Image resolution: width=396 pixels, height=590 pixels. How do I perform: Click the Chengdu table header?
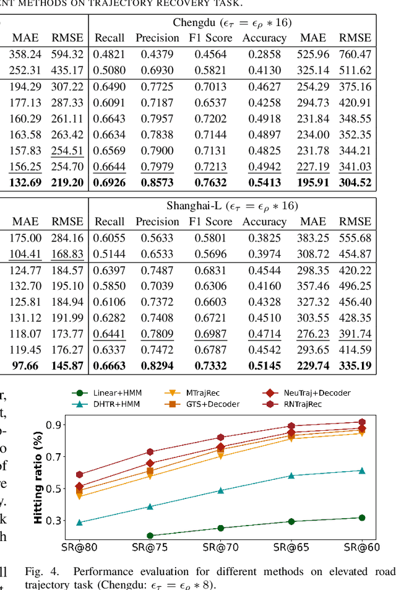(233, 23)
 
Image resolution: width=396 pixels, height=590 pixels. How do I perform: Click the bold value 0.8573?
(157, 183)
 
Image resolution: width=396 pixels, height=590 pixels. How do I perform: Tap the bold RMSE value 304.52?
(355, 183)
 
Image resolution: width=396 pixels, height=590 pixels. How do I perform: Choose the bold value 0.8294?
(157, 365)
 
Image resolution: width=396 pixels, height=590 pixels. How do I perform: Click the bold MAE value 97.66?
(25, 365)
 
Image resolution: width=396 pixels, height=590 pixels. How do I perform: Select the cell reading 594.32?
(67, 54)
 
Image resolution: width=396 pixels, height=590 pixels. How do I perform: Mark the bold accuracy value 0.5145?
(264, 365)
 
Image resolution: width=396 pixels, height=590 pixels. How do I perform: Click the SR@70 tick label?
(220, 547)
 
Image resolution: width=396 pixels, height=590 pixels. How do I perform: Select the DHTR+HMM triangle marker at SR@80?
(79, 523)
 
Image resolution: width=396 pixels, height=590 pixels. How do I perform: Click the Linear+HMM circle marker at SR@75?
(150, 536)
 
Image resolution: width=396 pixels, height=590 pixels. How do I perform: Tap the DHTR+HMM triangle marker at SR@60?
(362, 471)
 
